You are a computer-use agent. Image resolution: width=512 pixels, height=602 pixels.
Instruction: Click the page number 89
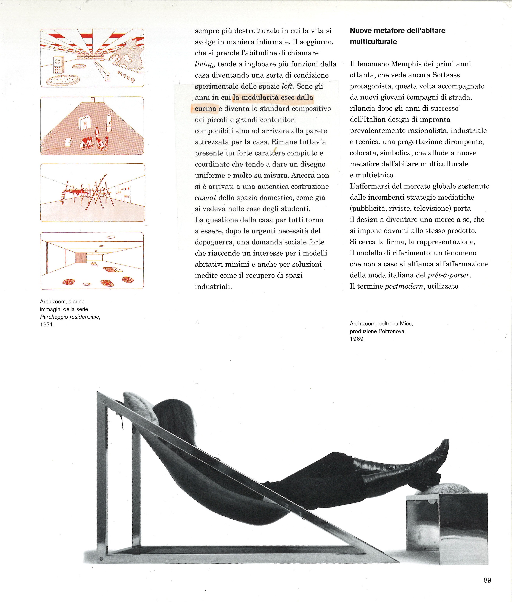487,580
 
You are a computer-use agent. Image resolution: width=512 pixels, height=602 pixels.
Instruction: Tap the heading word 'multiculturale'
373,42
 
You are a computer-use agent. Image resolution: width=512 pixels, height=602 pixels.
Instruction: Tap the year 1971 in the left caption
47,325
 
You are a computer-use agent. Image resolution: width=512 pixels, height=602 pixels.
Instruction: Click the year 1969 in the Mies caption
357,339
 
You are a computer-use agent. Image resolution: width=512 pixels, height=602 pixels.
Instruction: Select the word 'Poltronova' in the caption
392,331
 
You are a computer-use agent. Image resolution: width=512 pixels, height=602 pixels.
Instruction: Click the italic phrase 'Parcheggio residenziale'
70,317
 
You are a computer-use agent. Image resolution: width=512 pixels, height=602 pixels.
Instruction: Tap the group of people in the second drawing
96,141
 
